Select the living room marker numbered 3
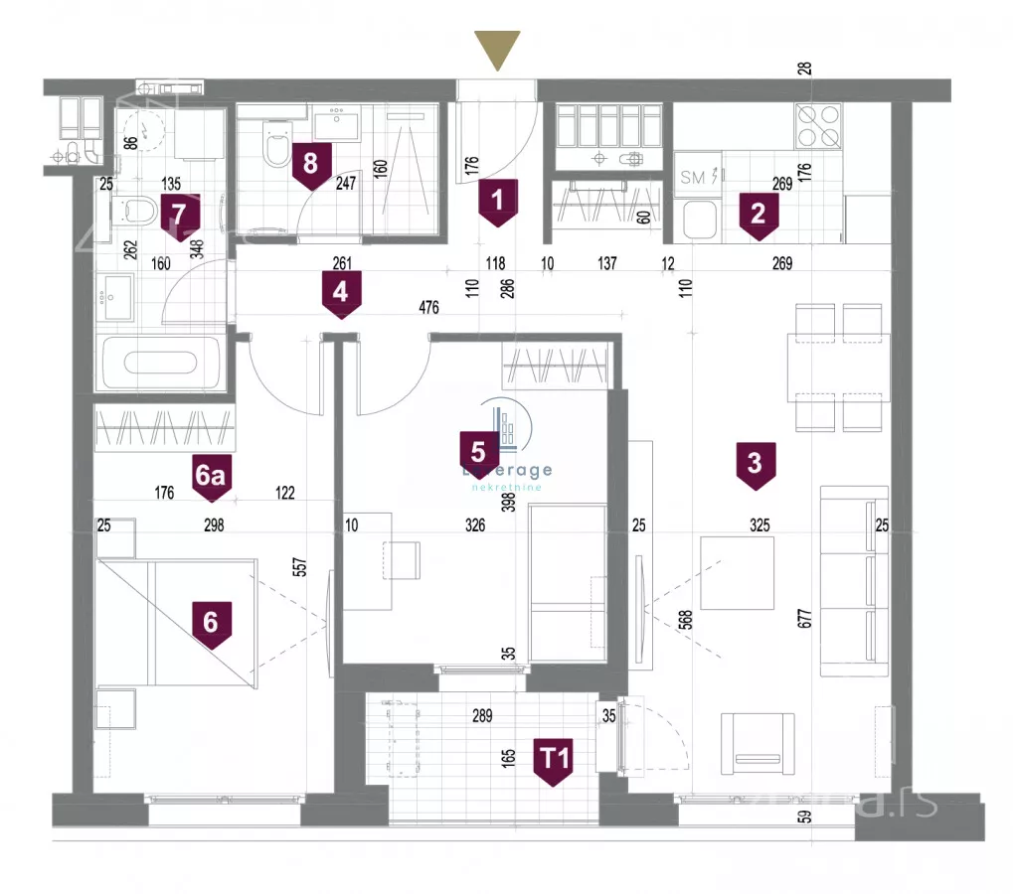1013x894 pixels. (756, 466)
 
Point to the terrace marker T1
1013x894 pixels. (554, 762)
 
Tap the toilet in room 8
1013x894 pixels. (271, 146)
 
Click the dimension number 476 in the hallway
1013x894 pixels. (429, 309)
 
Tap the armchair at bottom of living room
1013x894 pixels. (758, 744)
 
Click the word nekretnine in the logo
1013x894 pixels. (506, 488)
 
